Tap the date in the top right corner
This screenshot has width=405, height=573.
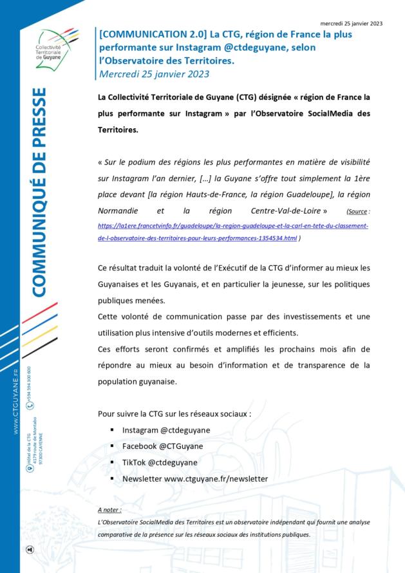tap(351, 23)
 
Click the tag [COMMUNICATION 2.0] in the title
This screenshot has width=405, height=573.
tap(149, 35)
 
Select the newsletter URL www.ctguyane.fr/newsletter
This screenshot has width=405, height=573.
tap(216, 479)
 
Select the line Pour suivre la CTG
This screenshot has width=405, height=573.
tap(174, 413)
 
